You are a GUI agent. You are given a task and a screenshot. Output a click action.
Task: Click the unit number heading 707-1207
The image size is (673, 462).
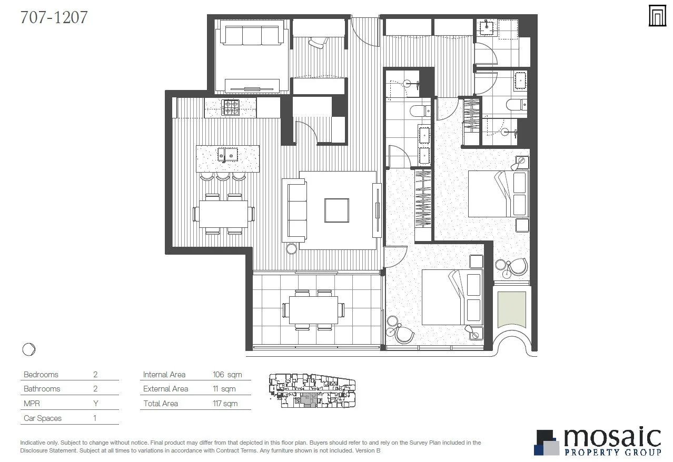point(54,17)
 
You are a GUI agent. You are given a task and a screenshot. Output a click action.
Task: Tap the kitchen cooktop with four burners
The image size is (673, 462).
point(230,107)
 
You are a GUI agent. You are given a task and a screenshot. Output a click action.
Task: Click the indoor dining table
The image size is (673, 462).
point(224,214)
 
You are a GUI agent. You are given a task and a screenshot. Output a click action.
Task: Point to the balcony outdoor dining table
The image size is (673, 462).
point(313,310)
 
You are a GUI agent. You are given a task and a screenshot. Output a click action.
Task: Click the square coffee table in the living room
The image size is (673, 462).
point(337,210)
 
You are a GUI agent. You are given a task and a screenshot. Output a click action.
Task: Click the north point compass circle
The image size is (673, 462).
point(29,349)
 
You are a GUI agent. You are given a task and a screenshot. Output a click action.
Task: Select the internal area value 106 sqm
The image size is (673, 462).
point(227,375)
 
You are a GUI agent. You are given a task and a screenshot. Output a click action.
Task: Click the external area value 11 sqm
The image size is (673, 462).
point(224,389)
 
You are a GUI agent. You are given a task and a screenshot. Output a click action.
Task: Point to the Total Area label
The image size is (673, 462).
point(161,404)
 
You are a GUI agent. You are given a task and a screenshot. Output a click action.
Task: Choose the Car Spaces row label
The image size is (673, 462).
point(43,418)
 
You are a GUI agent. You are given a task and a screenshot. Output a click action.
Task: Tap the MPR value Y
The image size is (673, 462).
point(95,404)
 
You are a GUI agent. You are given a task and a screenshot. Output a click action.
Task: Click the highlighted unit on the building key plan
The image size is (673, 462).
point(311,400)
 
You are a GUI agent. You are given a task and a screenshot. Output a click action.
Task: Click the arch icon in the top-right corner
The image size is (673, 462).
point(657,16)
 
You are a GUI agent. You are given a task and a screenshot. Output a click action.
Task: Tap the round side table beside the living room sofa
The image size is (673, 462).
point(292,249)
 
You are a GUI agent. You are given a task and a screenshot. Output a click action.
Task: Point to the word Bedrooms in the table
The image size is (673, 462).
point(41,375)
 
